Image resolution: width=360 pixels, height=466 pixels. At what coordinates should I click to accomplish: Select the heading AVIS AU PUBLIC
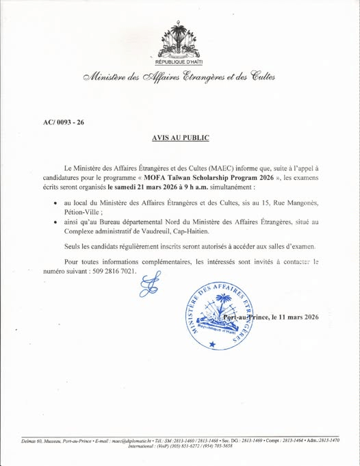point(179,138)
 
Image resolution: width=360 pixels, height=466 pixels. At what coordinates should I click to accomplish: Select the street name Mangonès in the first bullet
point(305,214)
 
